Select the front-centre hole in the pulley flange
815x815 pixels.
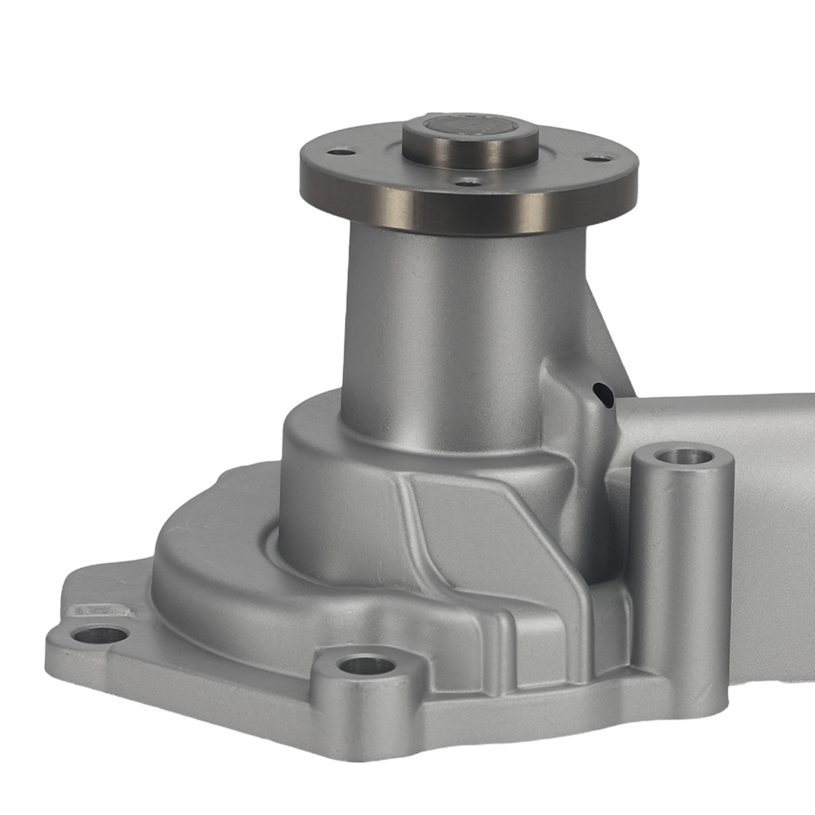pos(468,183)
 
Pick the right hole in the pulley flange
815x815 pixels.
pos(597,158)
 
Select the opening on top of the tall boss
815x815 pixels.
pos(683,456)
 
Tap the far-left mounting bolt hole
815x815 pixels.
pos(99,634)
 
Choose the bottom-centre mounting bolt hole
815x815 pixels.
pos(366,665)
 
